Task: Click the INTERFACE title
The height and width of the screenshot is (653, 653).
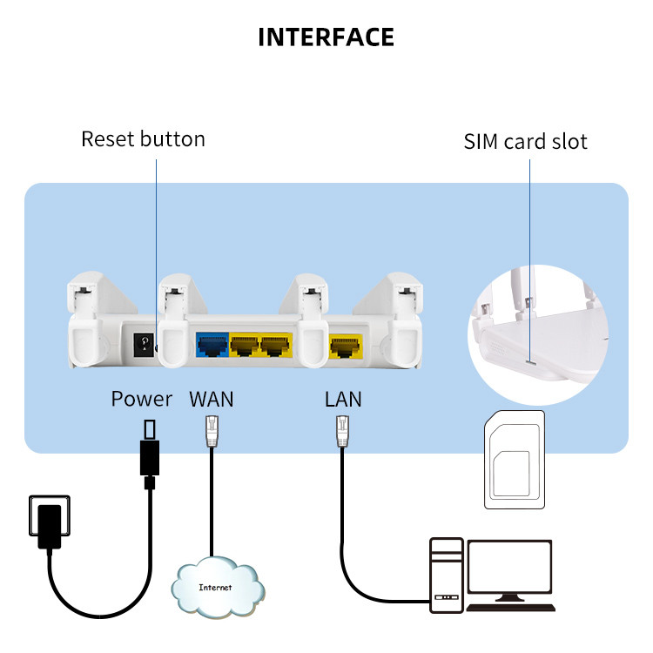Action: (326, 37)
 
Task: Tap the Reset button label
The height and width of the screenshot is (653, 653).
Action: (143, 139)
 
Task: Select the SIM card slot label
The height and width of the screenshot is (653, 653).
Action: (525, 141)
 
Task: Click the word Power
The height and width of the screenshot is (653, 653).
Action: (142, 400)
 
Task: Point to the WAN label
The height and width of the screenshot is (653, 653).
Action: (212, 400)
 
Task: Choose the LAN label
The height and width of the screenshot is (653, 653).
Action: (343, 400)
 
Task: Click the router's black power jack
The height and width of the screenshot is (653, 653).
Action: (141, 343)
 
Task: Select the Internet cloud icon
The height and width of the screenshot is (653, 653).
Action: (215, 586)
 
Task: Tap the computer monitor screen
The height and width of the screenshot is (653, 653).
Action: (509, 567)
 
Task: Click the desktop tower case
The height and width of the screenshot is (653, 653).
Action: (446, 575)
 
